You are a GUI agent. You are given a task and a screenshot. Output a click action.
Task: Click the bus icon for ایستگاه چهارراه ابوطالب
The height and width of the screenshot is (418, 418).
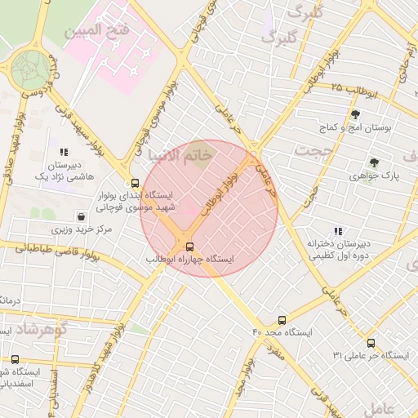tap(190, 246)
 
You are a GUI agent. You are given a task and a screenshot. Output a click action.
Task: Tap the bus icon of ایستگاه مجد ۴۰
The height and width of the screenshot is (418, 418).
tap(282, 320)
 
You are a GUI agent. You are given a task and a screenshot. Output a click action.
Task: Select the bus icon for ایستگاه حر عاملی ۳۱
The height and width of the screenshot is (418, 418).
tap(371, 343)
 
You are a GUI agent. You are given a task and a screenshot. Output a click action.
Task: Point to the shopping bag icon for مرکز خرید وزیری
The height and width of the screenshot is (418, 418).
tap(82, 216)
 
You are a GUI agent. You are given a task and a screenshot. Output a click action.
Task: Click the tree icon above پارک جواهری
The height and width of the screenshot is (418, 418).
tap(374, 162)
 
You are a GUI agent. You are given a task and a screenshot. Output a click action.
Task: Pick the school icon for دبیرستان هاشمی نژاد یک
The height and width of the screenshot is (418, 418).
tap(64, 152)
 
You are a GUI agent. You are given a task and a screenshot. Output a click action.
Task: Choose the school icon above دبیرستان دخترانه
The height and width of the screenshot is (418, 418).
tap(337, 231)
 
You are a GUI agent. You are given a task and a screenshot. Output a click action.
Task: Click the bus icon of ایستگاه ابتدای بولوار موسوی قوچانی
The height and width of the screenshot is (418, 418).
tap(135, 182)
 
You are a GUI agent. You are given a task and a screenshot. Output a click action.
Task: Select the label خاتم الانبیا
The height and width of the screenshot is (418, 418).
tap(180, 153)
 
